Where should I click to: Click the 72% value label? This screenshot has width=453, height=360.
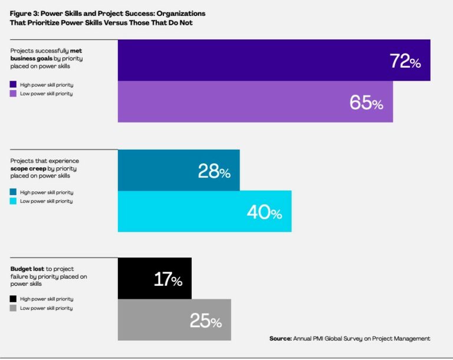click(x=405, y=61)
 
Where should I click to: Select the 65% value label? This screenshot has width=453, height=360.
click(x=366, y=103)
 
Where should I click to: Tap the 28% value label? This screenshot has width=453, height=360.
click(x=214, y=171)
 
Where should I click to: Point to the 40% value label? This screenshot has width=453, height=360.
click(x=264, y=213)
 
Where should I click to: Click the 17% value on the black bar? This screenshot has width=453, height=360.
click(x=168, y=279)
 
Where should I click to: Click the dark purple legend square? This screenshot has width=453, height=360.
click(x=14, y=84)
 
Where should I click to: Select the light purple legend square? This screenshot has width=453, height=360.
click(x=14, y=94)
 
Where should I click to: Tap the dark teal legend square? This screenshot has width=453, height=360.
click(x=14, y=192)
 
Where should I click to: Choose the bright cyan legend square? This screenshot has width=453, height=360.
click(x=14, y=202)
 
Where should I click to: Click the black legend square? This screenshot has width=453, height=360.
click(x=14, y=299)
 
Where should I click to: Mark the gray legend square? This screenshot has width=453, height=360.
click(x=14, y=308)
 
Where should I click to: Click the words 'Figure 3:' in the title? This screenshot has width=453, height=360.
click(x=24, y=12)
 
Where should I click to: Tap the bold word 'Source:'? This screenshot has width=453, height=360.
click(x=281, y=339)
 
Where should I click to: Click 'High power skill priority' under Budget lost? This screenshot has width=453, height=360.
click(x=47, y=299)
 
